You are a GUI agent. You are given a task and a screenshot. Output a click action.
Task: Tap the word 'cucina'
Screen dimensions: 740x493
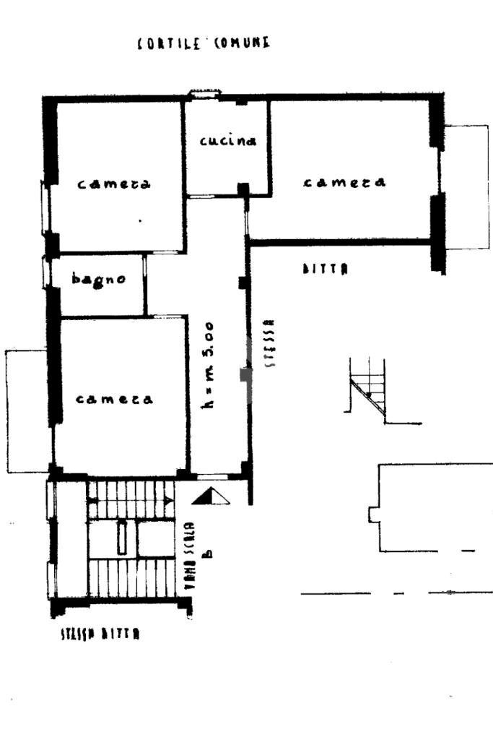(227, 141)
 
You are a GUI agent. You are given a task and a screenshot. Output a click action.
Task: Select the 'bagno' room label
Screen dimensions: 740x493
(100, 279)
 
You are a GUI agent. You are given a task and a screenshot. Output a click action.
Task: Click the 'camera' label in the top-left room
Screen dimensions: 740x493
(114, 184)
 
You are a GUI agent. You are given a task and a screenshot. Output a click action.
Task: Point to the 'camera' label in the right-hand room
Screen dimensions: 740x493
(344, 182)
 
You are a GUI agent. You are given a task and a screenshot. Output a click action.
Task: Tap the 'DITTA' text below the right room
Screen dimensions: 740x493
(326, 269)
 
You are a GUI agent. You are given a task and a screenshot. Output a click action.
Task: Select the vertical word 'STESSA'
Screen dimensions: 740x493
(270, 344)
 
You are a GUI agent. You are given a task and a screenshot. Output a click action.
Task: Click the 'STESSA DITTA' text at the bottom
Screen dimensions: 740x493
(100, 634)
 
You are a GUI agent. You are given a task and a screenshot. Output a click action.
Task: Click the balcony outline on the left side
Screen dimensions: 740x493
(27, 410)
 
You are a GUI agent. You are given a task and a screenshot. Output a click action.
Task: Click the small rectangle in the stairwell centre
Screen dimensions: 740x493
(122, 536)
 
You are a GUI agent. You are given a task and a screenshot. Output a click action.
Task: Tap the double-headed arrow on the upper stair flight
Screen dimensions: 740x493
(131, 500)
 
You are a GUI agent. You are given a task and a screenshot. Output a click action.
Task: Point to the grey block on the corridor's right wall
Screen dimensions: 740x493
(245, 375)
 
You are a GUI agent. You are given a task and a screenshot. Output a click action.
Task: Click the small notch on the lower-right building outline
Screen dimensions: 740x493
(373, 514)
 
